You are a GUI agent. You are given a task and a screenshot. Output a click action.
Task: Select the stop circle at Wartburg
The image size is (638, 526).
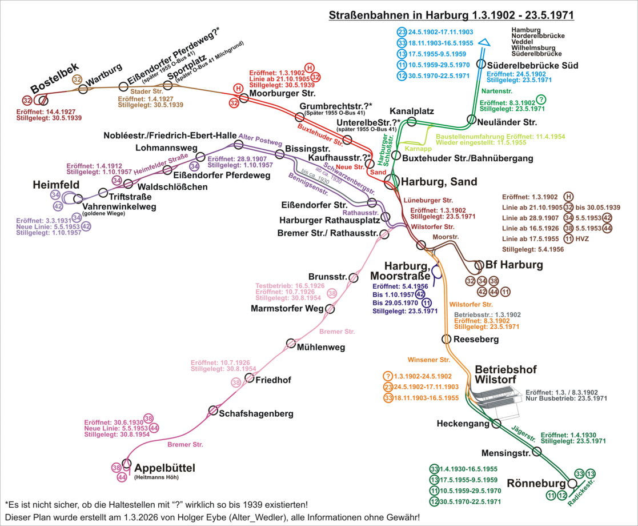click(83, 89)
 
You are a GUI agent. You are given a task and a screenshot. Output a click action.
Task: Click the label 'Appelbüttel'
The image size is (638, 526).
click(164, 468)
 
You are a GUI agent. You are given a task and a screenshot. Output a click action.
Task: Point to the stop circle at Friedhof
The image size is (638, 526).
click(249, 378)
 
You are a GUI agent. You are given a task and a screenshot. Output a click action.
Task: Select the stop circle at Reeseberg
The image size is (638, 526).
click(447, 339)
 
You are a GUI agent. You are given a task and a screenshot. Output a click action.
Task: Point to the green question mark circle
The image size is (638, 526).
click(541, 99)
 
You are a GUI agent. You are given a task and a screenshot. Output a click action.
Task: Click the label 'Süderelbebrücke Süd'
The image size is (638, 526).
click(532, 66)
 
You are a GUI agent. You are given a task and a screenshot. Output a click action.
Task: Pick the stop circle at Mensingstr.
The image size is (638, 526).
click(536, 452)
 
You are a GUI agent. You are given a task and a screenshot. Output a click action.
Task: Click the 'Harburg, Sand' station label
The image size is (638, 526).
click(436, 182)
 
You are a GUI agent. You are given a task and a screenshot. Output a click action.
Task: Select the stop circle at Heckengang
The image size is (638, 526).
click(496, 424)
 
